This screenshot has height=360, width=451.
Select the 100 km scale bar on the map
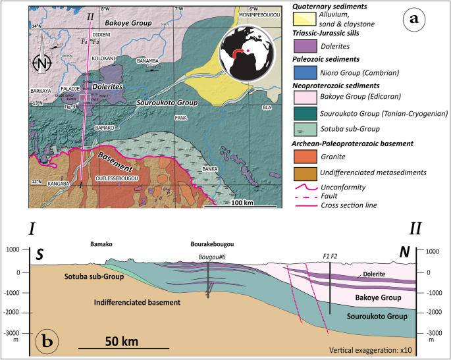[242, 207]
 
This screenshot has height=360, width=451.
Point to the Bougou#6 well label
[210, 257]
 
